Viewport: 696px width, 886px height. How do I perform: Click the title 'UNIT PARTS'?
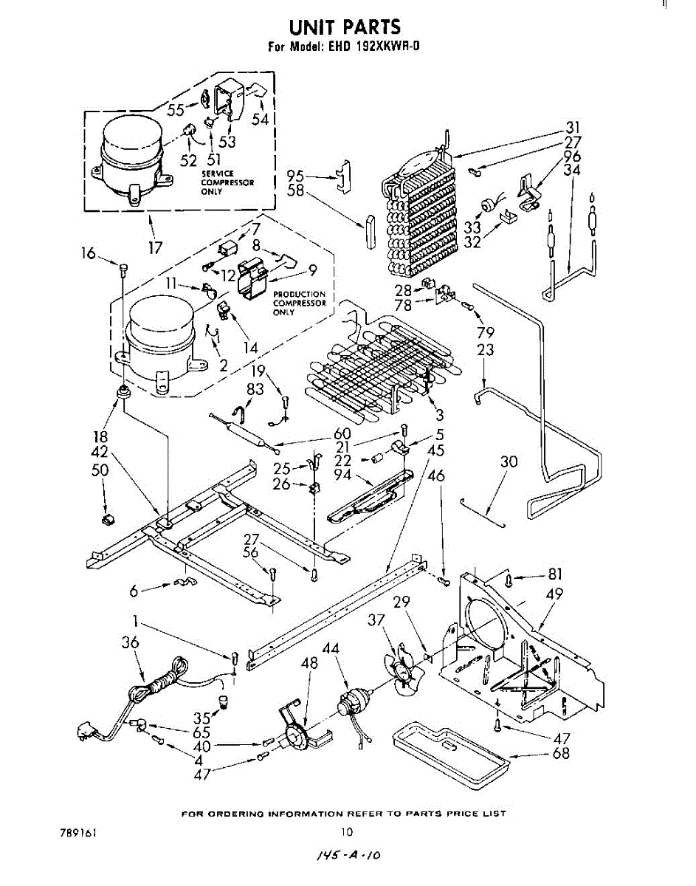click(345, 27)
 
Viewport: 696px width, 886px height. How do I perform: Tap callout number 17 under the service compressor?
click(155, 248)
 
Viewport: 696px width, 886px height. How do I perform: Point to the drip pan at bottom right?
click(451, 753)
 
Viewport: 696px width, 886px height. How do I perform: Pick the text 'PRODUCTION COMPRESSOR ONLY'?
click(299, 303)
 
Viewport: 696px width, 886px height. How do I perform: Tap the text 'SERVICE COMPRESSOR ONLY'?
click(227, 182)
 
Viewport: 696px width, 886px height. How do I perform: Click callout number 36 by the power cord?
click(130, 643)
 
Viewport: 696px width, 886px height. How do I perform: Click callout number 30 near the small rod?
click(509, 462)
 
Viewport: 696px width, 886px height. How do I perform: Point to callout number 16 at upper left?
click(89, 253)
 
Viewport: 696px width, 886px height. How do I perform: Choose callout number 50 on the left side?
click(100, 470)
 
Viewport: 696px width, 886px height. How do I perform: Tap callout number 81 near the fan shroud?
click(556, 573)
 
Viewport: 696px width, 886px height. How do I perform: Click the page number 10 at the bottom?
click(347, 831)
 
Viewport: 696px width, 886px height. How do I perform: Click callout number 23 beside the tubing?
click(485, 350)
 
